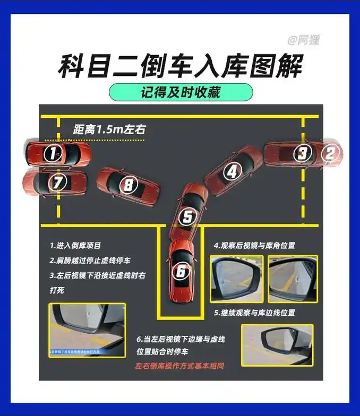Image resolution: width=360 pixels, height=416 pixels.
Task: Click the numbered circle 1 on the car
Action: [52, 153]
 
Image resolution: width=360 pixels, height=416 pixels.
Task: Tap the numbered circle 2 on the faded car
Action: [330, 153]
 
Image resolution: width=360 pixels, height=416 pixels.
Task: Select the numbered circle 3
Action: [302, 153]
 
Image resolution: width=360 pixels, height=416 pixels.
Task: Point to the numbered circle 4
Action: [232, 171]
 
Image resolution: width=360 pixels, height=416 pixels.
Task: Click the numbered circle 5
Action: [187, 216]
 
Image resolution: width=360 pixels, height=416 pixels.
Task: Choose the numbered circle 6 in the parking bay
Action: [181, 272]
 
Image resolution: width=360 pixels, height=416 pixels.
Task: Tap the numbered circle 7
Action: [57, 183]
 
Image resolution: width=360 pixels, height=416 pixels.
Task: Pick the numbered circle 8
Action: [128, 185]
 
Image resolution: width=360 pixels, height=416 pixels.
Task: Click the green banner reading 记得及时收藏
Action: [181, 92]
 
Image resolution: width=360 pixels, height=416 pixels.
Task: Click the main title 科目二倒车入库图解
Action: [180, 66]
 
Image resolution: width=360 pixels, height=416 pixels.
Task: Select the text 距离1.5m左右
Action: [109, 129]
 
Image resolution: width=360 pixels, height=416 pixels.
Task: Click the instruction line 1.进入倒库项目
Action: [75, 246]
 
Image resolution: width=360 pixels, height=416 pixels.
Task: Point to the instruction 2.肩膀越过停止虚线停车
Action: [90, 261]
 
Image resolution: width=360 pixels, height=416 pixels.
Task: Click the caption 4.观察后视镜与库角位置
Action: [254, 246]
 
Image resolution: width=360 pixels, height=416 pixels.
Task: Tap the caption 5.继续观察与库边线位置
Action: [254, 313]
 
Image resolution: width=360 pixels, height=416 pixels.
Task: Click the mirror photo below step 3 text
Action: [88, 330]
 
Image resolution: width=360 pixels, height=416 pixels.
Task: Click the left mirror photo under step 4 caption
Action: [237, 279]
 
